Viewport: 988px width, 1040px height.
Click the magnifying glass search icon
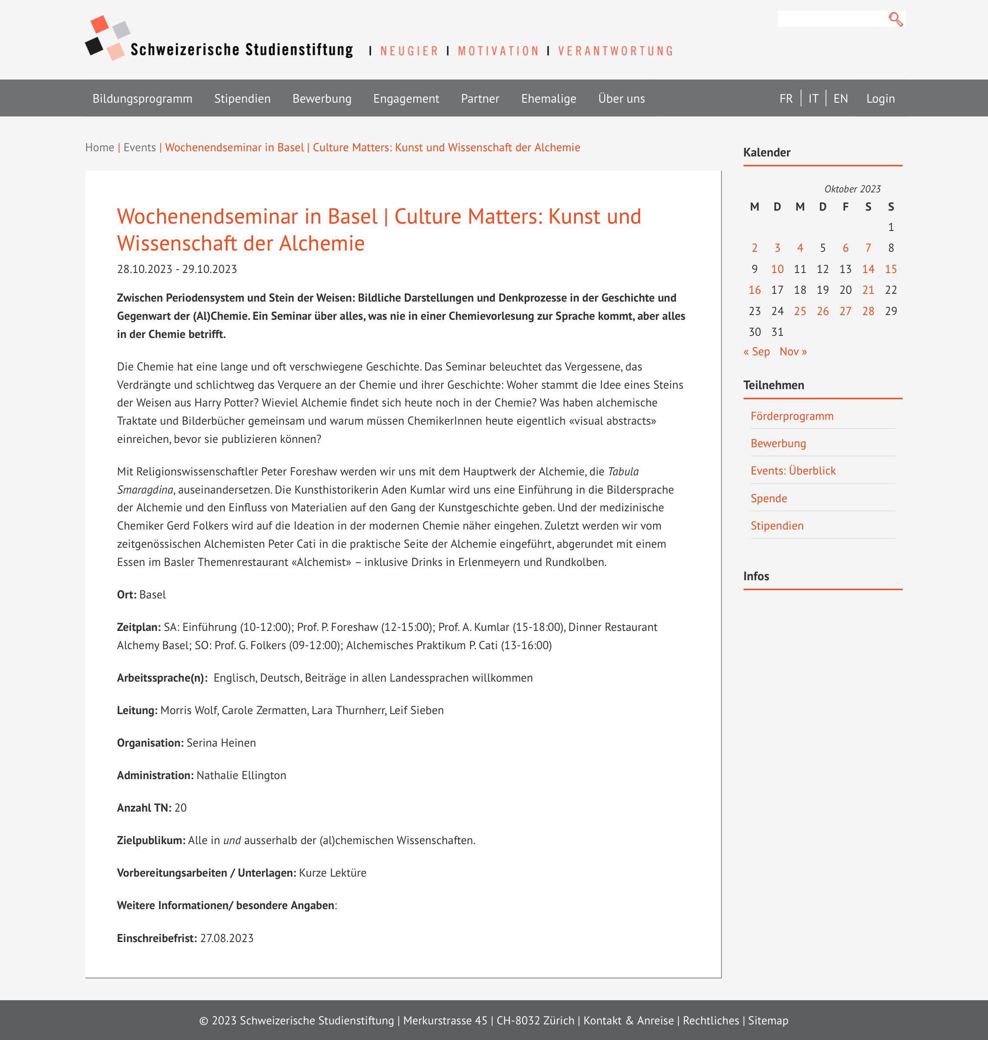[x=895, y=19]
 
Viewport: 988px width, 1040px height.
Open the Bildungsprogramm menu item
[x=142, y=98]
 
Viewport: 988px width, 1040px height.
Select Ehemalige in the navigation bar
[x=548, y=98]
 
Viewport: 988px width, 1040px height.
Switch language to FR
[x=786, y=98]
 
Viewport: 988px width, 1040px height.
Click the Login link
[x=880, y=98]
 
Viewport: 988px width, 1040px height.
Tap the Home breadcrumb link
[x=100, y=147]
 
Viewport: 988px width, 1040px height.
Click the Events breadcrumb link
[x=140, y=147]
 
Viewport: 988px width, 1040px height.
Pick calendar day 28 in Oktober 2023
[x=868, y=311]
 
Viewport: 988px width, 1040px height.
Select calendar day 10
[x=777, y=269]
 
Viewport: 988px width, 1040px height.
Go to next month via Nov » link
[x=793, y=351]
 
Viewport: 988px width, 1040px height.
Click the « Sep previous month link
[x=756, y=351]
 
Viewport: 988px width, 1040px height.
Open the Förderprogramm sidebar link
[x=792, y=416]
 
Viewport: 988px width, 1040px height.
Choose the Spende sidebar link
[x=768, y=498]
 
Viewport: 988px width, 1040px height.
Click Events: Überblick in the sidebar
[x=793, y=471]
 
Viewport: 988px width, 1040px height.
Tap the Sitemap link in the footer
[x=768, y=1020]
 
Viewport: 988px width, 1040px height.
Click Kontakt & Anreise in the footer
[x=628, y=1020]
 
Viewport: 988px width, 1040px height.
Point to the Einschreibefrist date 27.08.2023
[x=227, y=938]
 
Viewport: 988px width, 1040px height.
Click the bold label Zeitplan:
[x=139, y=627]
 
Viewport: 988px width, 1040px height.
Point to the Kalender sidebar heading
[x=766, y=152]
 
